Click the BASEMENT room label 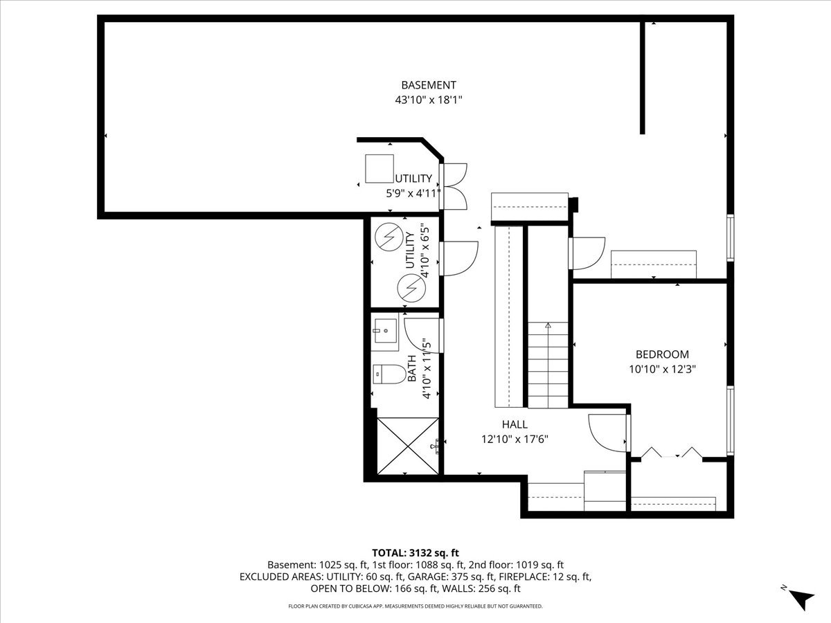coord(429,85)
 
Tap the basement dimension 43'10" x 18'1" coord(429,100)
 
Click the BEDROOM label coord(662,354)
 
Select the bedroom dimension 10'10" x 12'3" coord(662,369)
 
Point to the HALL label coord(515,424)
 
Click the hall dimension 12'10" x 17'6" coord(515,439)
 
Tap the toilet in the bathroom coord(388,374)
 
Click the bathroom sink coord(384,330)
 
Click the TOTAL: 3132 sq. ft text coord(415,552)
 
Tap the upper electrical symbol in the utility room coord(388,238)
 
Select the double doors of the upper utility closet coord(455,186)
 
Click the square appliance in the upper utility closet coord(379,168)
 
